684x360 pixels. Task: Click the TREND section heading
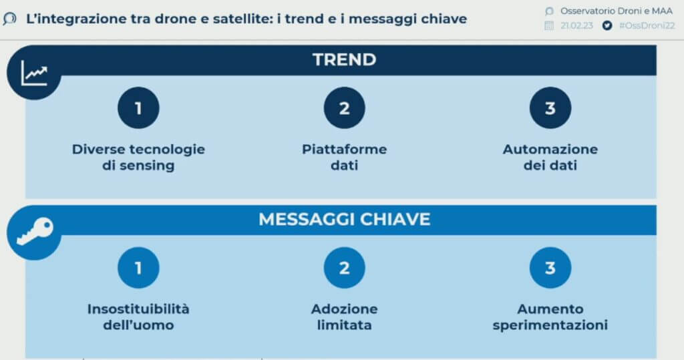(344, 60)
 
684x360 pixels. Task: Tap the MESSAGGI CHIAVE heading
(344, 219)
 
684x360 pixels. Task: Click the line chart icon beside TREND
(34, 73)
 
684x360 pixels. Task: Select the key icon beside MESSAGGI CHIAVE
(35, 231)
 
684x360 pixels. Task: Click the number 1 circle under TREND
(138, 108)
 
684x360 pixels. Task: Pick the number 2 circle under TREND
(344, 108)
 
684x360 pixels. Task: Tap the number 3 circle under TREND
(550, 108)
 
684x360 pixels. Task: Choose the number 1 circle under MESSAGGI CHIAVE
(138, 267)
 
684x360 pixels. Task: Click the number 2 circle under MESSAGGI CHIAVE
(344, 267)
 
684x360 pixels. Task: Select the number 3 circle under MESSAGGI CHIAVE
(550, 267)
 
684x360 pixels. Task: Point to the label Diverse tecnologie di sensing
(138, 157)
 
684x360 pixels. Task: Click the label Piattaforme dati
(344, 157)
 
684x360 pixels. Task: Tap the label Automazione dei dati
(550, 157)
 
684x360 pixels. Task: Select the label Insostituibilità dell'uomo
(138, 317)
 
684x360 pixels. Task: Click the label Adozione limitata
(344, 317)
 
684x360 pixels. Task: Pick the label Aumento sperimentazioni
(550, 317)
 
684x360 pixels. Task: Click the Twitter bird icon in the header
(607, 26)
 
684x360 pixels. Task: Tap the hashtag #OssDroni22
(647, 26)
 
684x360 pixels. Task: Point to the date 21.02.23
(576, 26)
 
